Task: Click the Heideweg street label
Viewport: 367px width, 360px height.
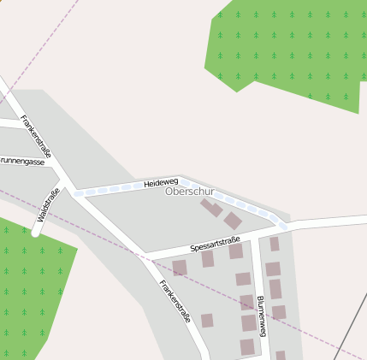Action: coord(161,183)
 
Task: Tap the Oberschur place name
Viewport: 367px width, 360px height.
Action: coord(189,192)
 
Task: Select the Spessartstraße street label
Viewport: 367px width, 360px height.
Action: coord(215,244)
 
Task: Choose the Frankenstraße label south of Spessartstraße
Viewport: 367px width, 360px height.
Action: coord(175,300)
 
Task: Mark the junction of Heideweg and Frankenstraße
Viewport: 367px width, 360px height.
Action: coord(74,193)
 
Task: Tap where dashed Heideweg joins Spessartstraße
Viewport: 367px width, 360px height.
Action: coord(284,227)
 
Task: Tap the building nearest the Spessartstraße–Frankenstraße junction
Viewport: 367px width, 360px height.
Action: coord(179,268)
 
